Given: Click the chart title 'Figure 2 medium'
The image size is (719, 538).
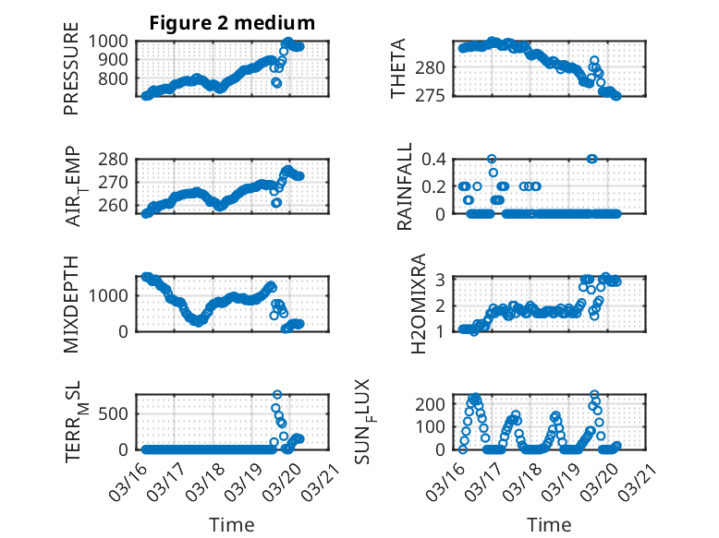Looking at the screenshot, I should click(232, 23).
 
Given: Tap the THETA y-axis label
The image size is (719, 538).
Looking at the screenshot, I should click(398, 70).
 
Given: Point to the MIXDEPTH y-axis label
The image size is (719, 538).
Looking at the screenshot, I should click(71, 305).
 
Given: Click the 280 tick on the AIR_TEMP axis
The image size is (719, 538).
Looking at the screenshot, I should click(118, 159).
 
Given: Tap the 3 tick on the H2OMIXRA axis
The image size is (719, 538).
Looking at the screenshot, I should click(443, 279).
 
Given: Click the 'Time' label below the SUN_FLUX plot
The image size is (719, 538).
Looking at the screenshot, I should click(549, 525).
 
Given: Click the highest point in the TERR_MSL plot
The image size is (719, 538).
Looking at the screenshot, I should click(277, 395).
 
